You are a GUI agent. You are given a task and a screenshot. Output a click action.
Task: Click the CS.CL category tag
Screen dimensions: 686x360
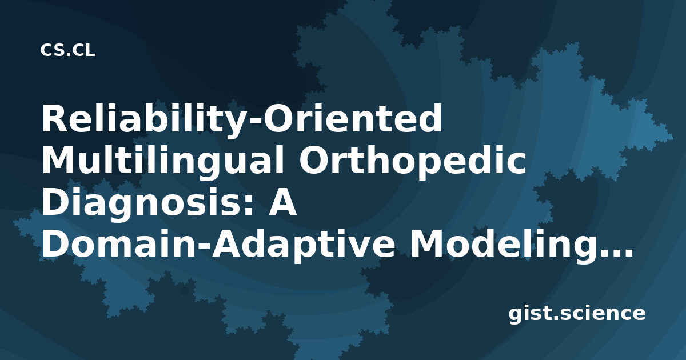(x=67, y=50)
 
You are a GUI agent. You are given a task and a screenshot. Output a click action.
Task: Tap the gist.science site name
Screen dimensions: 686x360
(x=577, y=314)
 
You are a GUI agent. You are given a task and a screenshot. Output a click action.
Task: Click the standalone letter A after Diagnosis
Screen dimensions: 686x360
(x=282, y=202)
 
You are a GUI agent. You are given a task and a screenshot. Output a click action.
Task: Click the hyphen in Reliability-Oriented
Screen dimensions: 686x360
(x=256, y=121)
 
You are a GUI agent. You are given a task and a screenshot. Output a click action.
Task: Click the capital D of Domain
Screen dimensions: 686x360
(x=55, y=245)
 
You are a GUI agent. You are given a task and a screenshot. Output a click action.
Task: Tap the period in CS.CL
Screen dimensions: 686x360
(x=68, y=54)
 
